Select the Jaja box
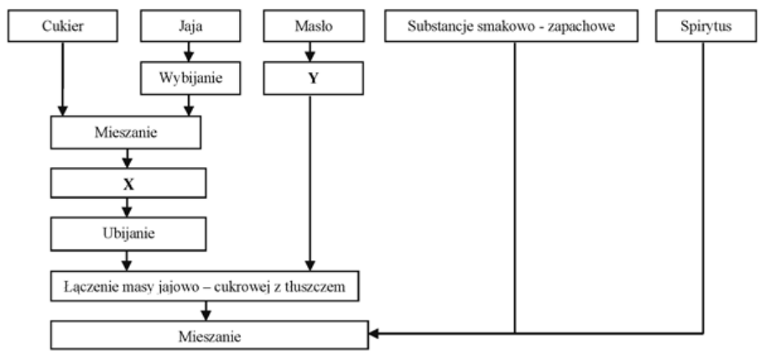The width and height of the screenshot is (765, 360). pyautogui.click(x=189, y=28)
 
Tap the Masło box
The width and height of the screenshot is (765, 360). pyautogui.click(x=312, y=28)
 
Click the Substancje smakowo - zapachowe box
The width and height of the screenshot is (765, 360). pyautogui.click(x=512, y=28)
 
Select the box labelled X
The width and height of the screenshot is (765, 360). pyautogui.click(x=127, y=182)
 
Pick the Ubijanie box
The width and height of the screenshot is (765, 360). pyautogui.click(x=127, y=232)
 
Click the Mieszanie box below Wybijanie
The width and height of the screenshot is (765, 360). pyautogui.click(x=127, y=132)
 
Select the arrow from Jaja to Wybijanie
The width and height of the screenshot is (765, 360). pyautogui.click(x=189, y=52)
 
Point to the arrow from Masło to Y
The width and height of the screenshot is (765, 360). pyautogui.click(x=312, y=52)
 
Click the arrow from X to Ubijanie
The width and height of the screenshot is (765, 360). pyautogui.click(x=127, y=207)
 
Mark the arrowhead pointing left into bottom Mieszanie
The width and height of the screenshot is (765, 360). pyautogui.click(x=374, y=334)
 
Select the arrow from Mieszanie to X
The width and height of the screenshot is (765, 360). pyautogui.click(x=127, y=157)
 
